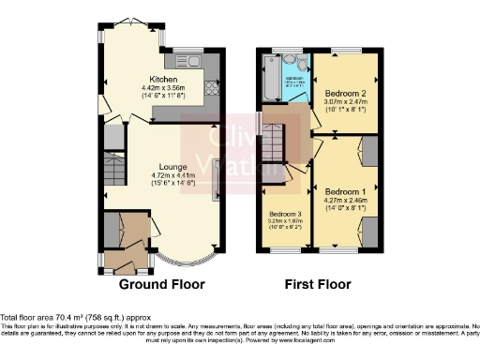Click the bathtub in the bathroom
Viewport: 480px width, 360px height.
point(271,84)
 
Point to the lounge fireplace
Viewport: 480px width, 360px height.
point(217,178)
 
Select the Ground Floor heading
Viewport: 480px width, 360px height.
point(158,283)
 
